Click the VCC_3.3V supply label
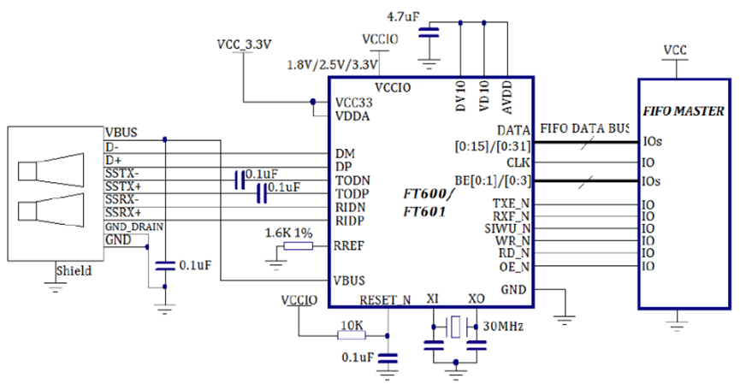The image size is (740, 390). pyautogui.click(x=244, y=45)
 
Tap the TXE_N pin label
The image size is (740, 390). pyautogui.click(x=512, y=204)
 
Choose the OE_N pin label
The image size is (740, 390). pyautogui.click(x=513, y=266)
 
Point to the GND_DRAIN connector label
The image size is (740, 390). pyautogui.click(x=134, y=226)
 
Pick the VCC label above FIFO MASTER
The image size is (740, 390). pyautogui.click(x=676, y=50)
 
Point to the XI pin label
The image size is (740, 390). pyautogui.click(x=432, y=300)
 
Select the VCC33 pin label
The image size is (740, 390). pyautogui.click(x=353, y=102)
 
